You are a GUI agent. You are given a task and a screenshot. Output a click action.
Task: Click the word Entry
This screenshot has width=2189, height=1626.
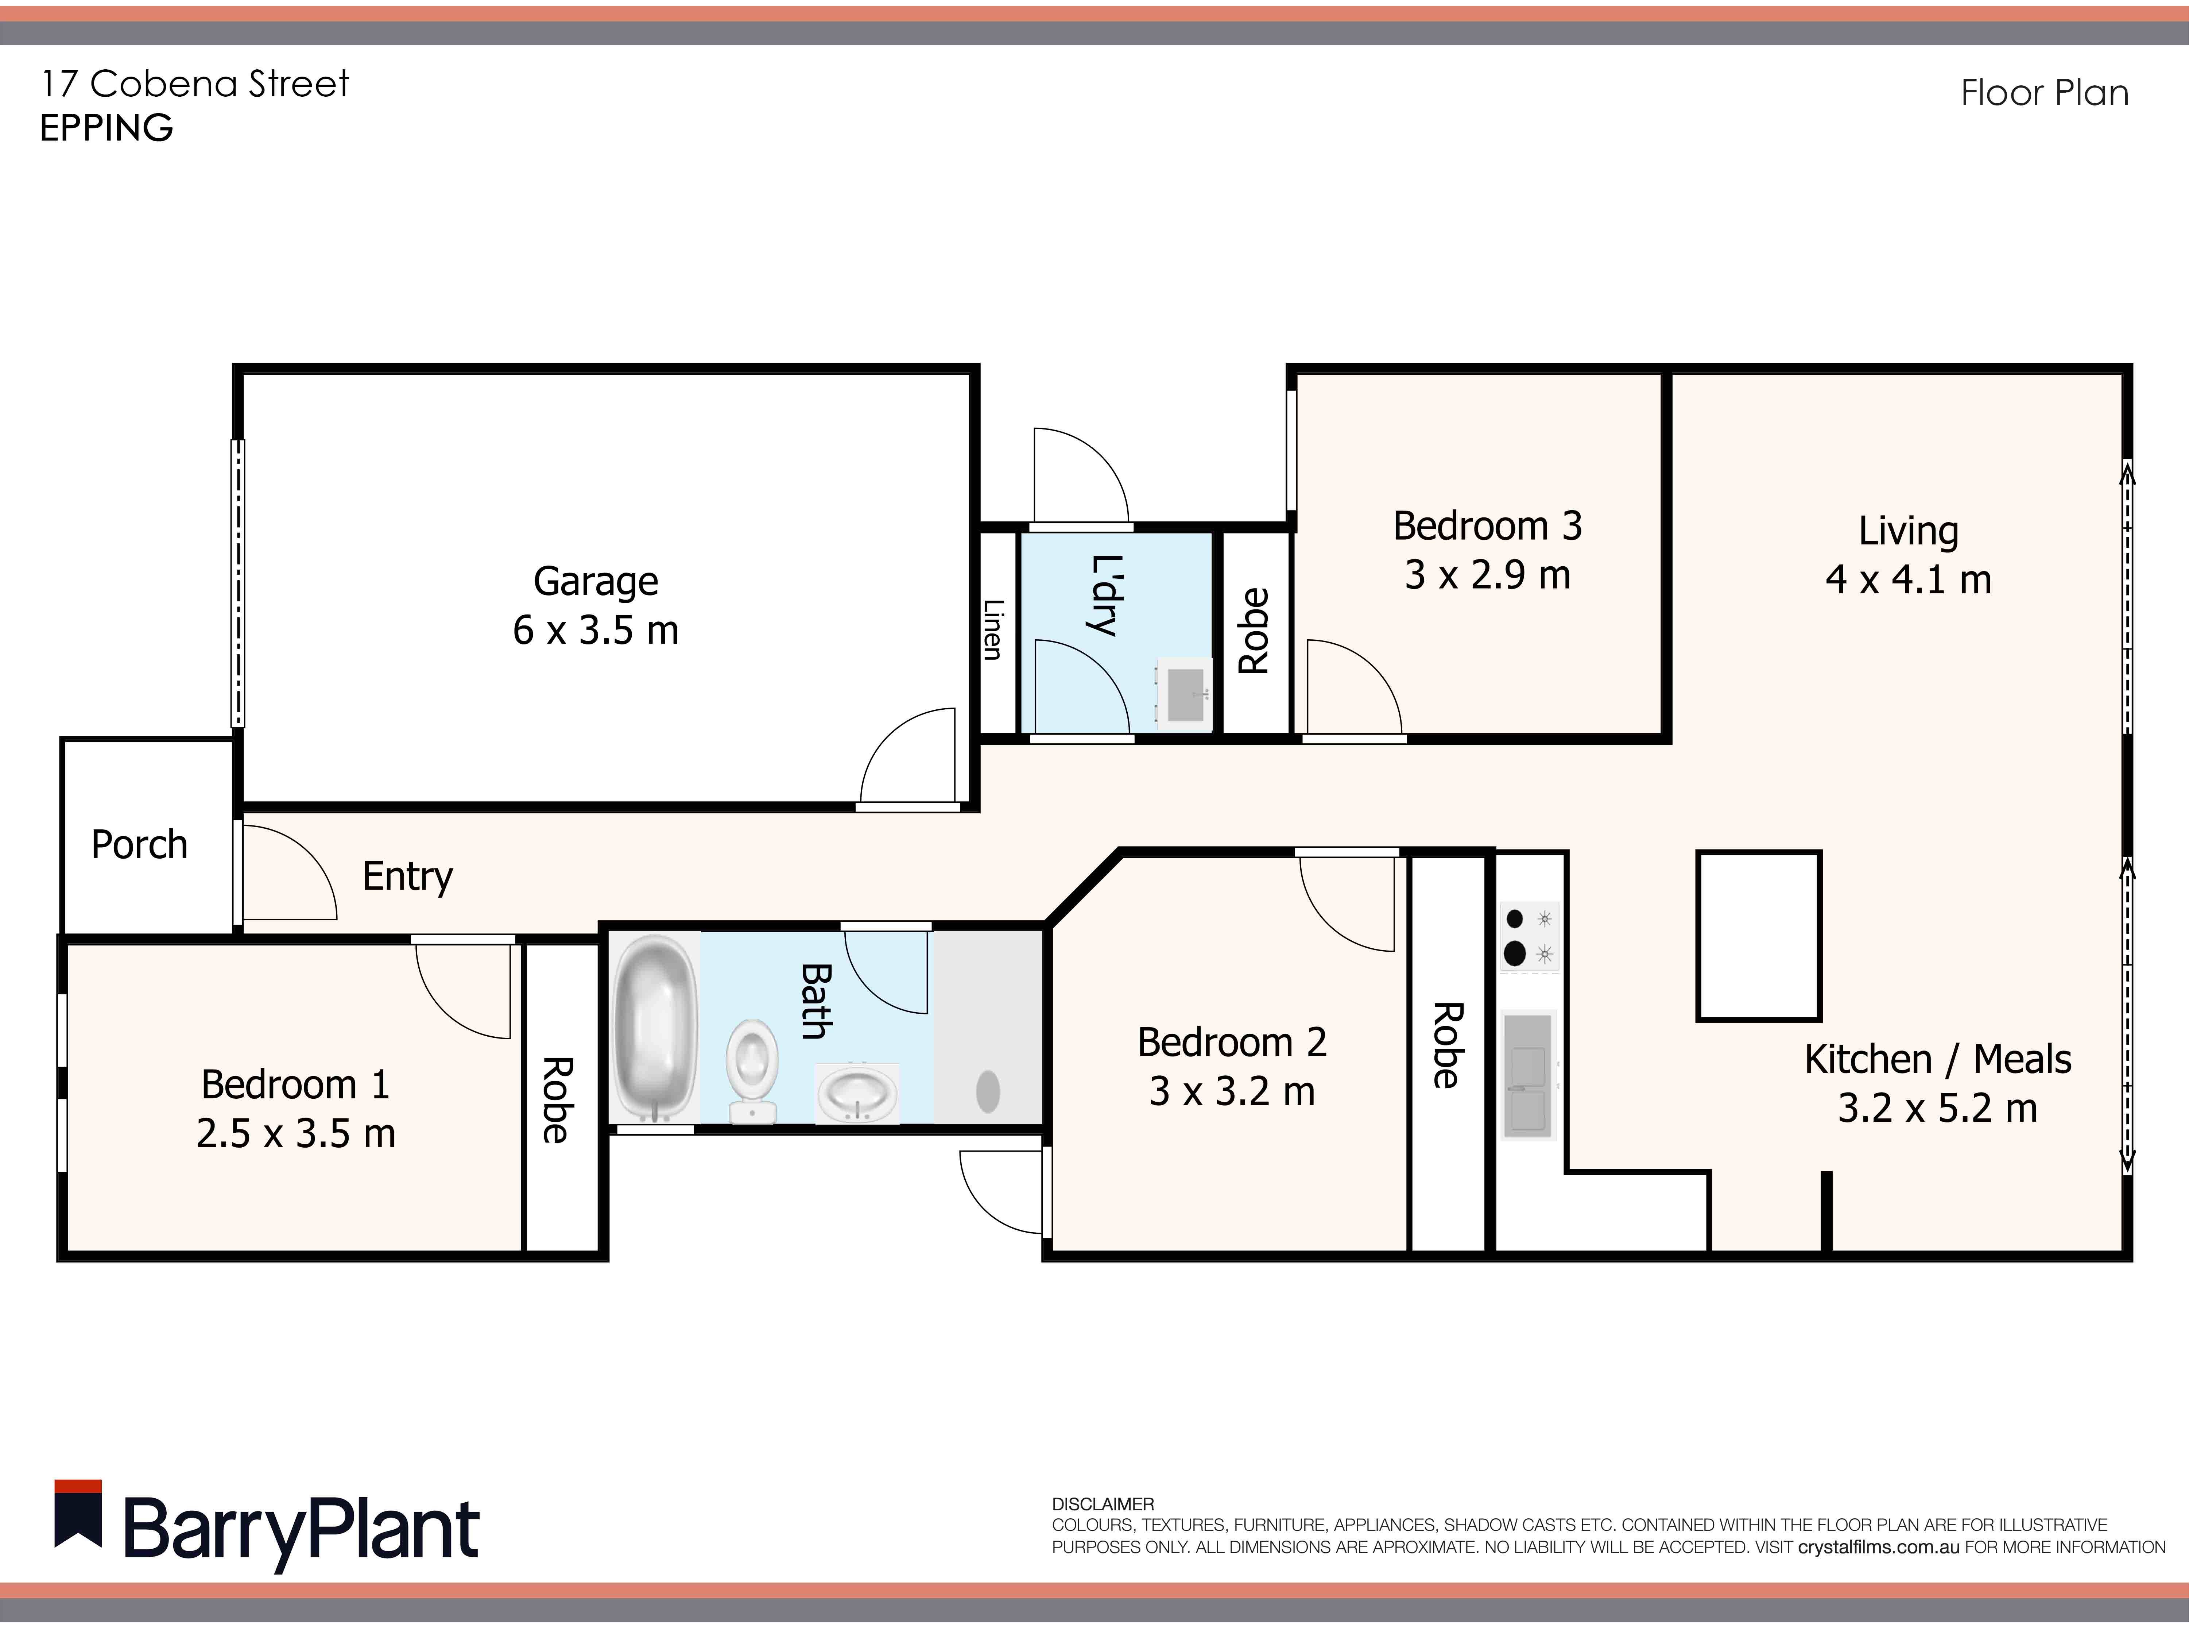click(x=407, y=876)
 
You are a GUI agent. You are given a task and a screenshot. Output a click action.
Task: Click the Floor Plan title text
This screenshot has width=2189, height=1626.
click(x=2044, y=93)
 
